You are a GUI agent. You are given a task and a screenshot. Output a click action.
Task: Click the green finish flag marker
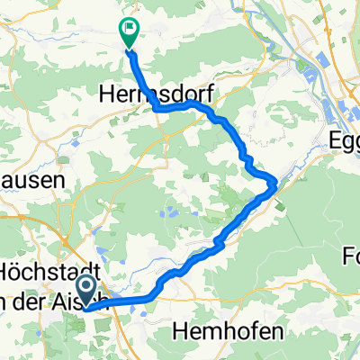point(129,32)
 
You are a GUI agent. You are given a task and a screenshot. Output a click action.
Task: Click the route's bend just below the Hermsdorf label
point(160,108)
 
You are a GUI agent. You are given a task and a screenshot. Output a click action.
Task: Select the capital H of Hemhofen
point(176,331)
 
